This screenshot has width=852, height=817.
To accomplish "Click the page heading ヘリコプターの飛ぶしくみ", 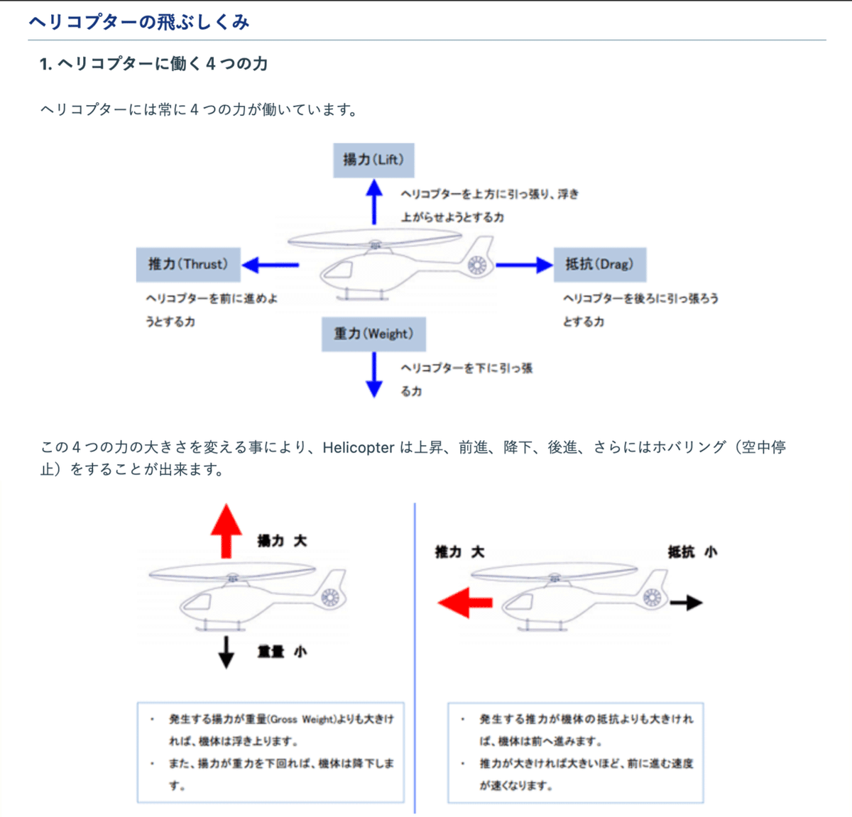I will click(x=139, y=22).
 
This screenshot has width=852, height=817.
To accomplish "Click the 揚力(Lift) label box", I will click(x=373, y=160).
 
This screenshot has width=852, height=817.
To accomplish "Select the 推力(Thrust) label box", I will click(x=188, y=264).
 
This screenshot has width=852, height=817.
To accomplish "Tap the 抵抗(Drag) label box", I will click(x=599, y=264).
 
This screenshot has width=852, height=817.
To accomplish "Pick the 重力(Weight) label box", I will click(x=373, y=334).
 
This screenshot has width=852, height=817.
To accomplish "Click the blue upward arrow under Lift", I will click(x=374, y=202).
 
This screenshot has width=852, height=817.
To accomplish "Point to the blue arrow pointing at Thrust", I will click(x=270, y=265).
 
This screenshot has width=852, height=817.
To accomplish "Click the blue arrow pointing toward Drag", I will click(x=524, y=265).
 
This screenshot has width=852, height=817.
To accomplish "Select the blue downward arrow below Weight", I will click(x=374, y=375).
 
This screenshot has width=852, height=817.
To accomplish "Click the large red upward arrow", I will click(x=226, y=530).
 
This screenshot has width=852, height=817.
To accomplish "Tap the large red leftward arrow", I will click(x=465, y=603).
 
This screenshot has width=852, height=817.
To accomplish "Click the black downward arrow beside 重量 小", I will click(x=226, y=652).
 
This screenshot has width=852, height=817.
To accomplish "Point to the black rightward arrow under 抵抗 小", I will click(x=686, y=603).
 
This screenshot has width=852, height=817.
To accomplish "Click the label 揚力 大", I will click(x=282, y=541).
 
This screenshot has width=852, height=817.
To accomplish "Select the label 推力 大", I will click(x=459, y=552).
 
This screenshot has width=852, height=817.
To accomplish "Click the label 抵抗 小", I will click(x=692, y=552).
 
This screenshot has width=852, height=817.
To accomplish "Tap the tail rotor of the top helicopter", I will click(x=478, y=266).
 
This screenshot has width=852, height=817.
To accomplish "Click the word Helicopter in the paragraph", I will click(x=358, y=447).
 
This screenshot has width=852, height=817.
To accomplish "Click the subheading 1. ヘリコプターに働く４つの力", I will click(x=153, y=64).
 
